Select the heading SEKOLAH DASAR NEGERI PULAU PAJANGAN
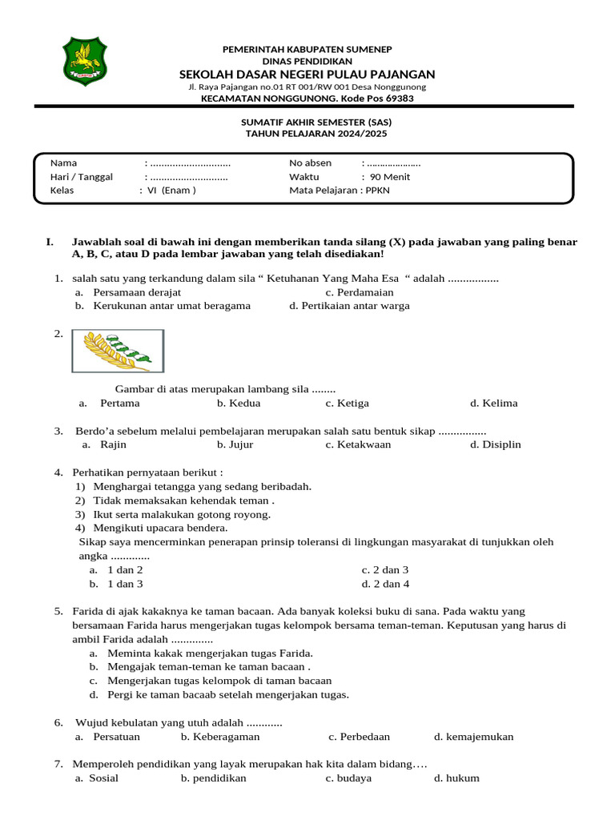(307, 74)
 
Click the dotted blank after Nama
(191, 163)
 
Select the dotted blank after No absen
(394, 163)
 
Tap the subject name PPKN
(378, 191)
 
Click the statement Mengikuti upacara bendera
(160, 528)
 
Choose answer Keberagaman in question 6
(220, 737)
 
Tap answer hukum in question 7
(456, 778)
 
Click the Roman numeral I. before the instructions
(50, 241)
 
